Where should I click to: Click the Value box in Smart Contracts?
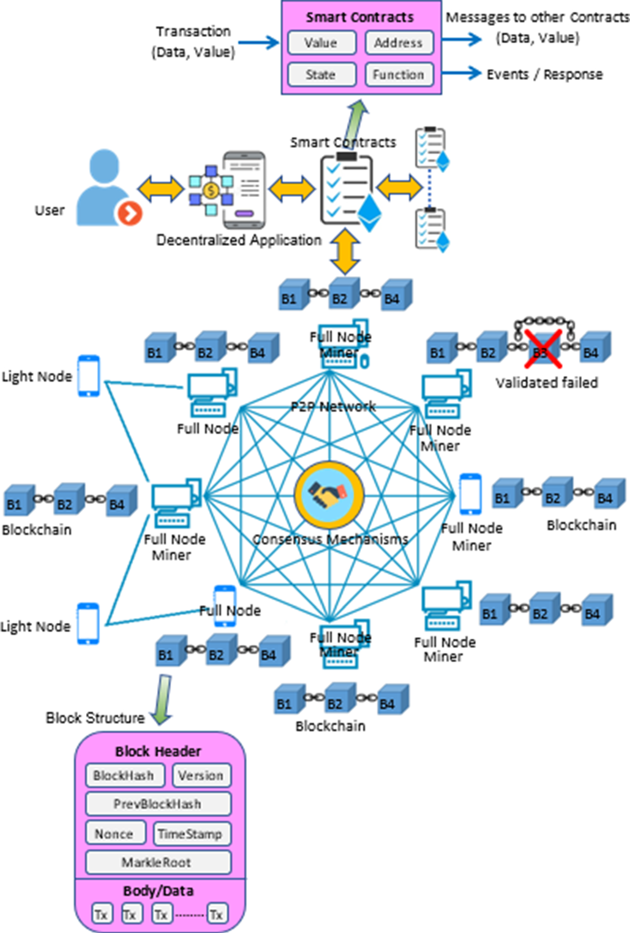pos(322,43)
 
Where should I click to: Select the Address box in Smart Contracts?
pos(398,43)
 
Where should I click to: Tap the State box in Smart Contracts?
pos(322,74)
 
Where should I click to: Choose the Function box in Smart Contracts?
pos(398,74)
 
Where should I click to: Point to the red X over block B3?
pos(543,349)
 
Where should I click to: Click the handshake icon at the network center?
pos(329,494)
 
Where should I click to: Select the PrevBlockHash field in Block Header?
pos(158,804)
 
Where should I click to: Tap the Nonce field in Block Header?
pos(115,834)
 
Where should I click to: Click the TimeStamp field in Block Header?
pos(192,834)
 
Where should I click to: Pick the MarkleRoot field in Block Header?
pos(158,862)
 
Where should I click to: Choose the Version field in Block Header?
pos(201,775)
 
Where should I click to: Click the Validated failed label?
pos(546,382)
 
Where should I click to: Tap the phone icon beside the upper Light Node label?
pos(89,376)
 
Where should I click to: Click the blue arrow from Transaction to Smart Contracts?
pos(259,42)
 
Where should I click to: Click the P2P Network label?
pos(333,406)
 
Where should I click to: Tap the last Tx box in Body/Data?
pos(217,914)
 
